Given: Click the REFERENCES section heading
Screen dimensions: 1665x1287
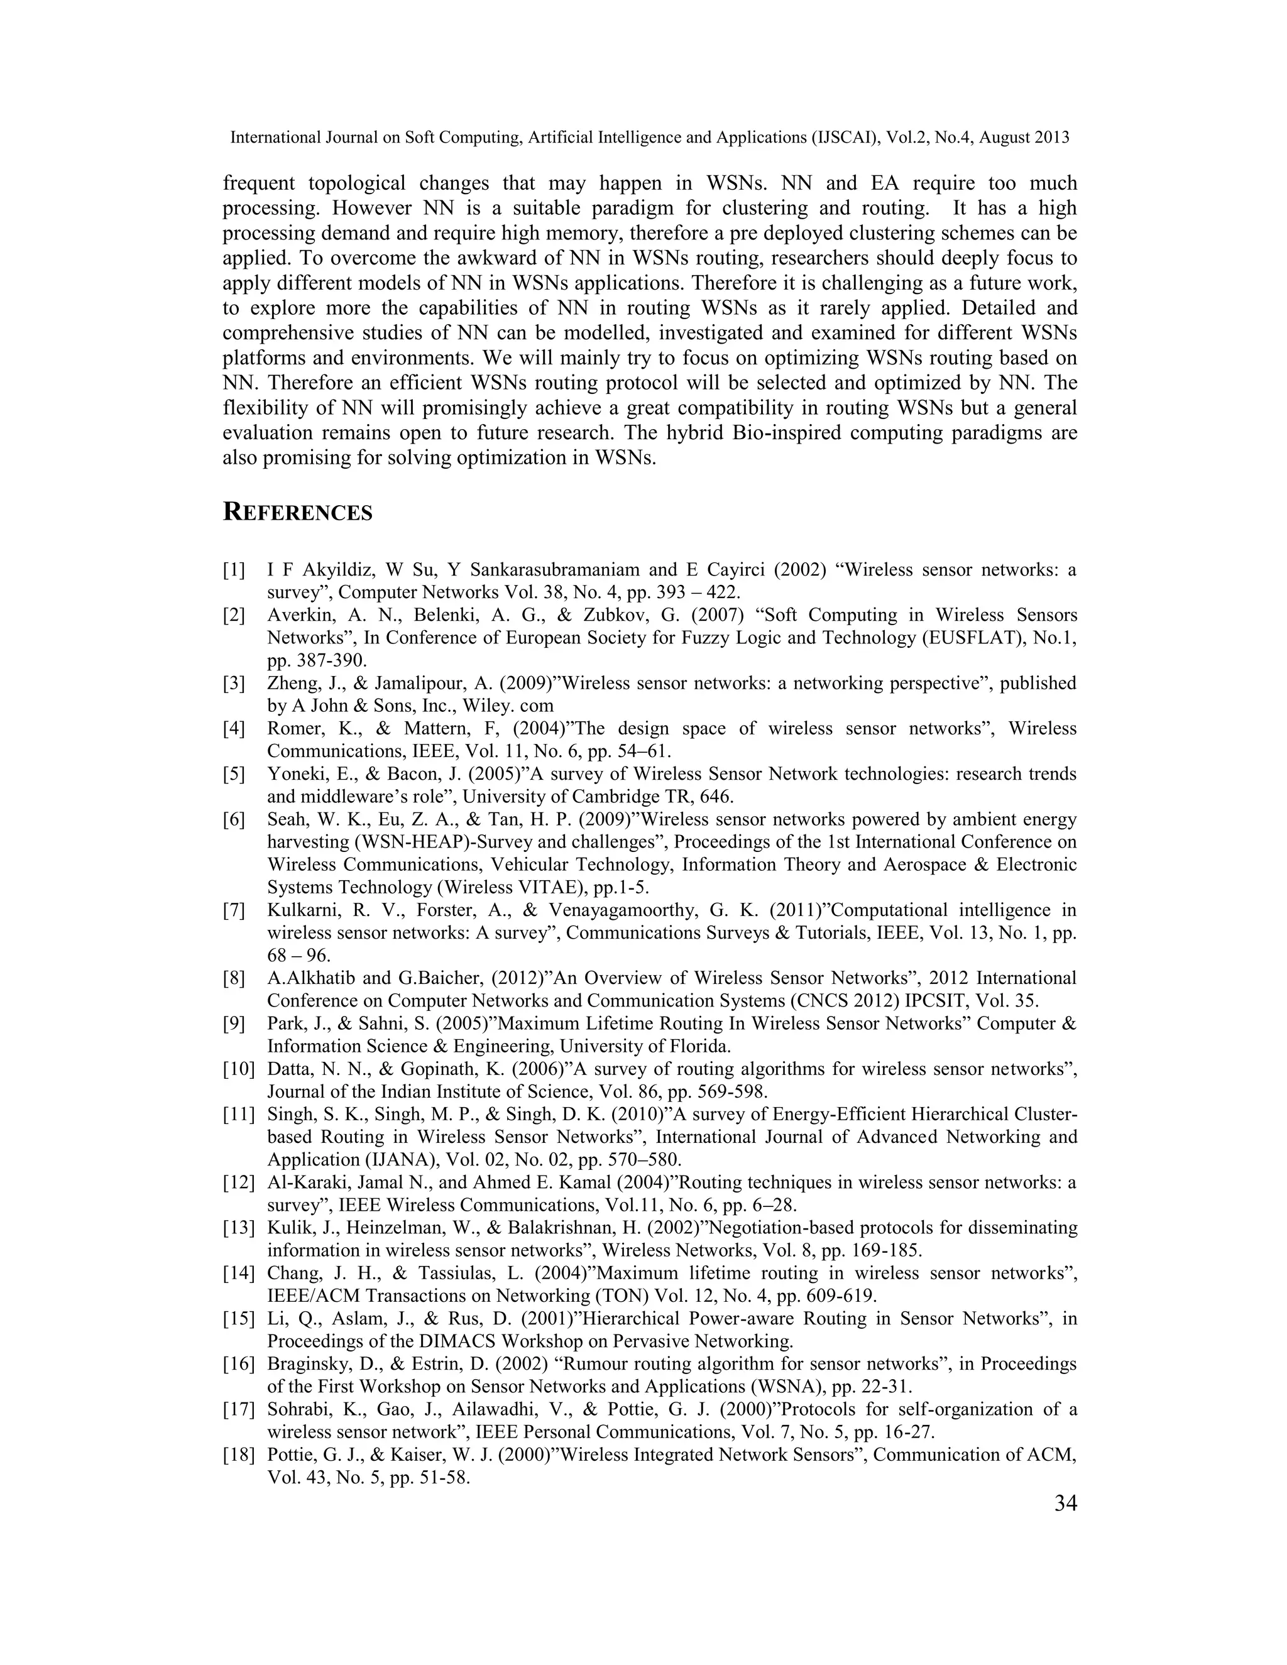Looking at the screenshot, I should coord(297,512).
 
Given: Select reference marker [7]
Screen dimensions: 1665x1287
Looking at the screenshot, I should coord(234,910).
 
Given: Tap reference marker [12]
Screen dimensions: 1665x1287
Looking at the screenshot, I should coord(238,1182).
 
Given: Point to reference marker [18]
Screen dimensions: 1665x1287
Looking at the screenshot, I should coord(238,1455).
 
